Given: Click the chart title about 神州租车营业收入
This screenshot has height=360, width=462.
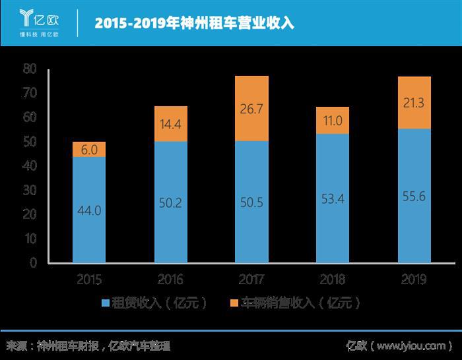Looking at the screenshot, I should tap(194, 23).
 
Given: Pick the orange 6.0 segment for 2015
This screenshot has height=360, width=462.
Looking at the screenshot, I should tap(89, 150).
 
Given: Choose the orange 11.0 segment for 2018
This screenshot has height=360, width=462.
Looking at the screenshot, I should tap(333, 121).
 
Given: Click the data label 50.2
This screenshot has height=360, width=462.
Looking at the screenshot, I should tap(170, 203).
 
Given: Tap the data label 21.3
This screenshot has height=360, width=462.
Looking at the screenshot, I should tap(414, 102).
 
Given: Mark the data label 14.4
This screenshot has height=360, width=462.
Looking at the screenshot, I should tap(170, 123).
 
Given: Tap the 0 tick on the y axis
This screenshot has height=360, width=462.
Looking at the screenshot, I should tap(32, 263).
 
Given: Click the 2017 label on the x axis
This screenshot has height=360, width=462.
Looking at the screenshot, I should tap(251, 280).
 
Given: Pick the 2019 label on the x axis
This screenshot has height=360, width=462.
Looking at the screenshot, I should tap(414, 280).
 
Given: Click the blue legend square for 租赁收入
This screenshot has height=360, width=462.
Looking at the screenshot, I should tap(105, 303).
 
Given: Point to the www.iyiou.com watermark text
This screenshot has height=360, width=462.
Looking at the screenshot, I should tap(412, 346).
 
